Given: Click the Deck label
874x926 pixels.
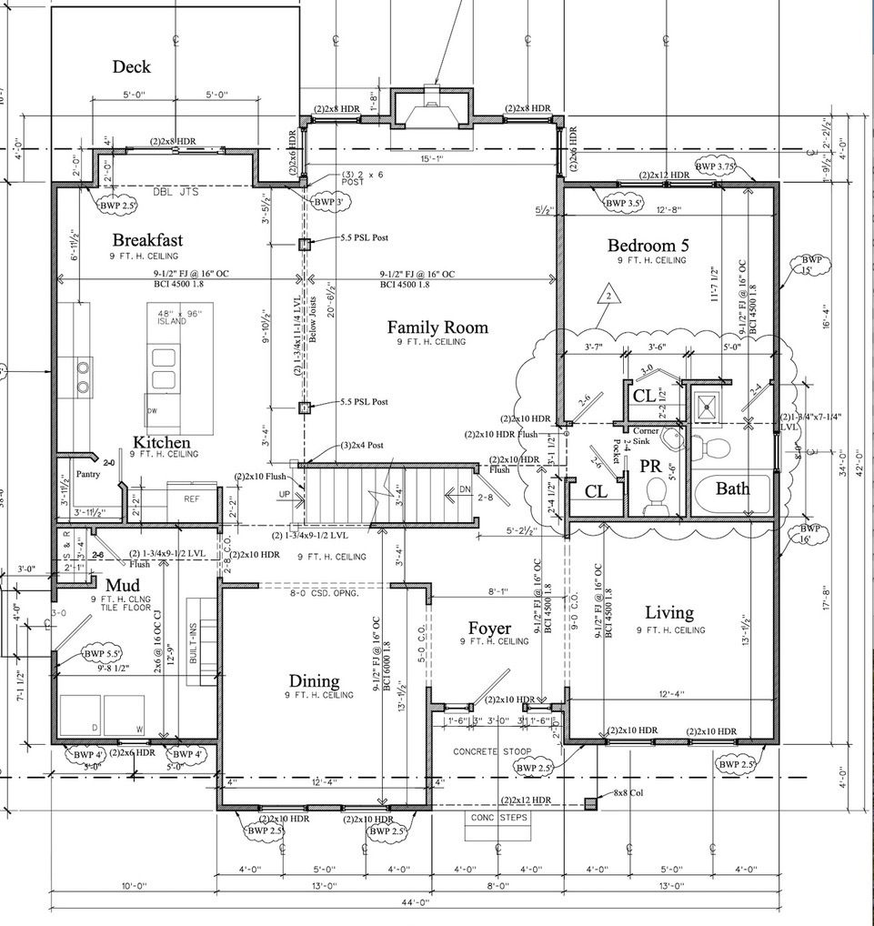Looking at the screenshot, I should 131,66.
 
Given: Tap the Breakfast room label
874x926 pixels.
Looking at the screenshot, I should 147,240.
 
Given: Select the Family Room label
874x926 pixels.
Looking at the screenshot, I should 437,327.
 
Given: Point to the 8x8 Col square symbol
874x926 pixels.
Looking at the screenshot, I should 591,803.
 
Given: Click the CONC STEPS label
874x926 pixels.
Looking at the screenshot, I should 498,817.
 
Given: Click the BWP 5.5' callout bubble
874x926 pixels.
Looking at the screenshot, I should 102,653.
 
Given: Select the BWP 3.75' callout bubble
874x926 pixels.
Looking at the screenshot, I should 714,166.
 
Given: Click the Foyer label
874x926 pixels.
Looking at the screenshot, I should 490,628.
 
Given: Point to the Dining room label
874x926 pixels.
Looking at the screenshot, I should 314,680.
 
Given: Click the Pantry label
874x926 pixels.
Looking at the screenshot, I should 87,474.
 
